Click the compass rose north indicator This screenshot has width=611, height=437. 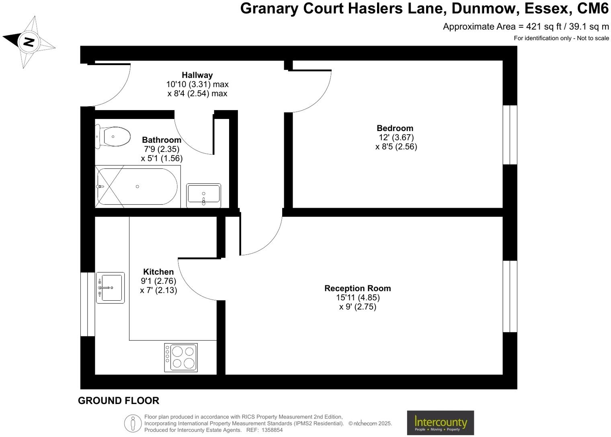[x=28, y=41]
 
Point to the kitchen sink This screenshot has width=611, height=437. [x=111, y=288]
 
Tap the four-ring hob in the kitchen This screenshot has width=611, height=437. [x=181, y=357]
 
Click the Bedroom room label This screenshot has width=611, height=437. [x=395, y=128]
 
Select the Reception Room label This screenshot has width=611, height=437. [x=357, y=288]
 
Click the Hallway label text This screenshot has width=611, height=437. [x=197, y=75]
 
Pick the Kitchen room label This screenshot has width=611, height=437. [x=158, y=272]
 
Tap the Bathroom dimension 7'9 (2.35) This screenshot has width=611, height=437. [x=162, y=149]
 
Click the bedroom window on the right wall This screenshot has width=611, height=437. [x=510, y=135]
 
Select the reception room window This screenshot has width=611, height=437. [x=510, y=296]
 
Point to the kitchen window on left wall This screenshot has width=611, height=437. [x=88, y=304]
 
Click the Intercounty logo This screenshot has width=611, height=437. [x=440, y=423]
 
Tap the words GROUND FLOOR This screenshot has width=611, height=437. [x=119, y=401]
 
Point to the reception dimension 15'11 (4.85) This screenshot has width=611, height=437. [x=358, y=297]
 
